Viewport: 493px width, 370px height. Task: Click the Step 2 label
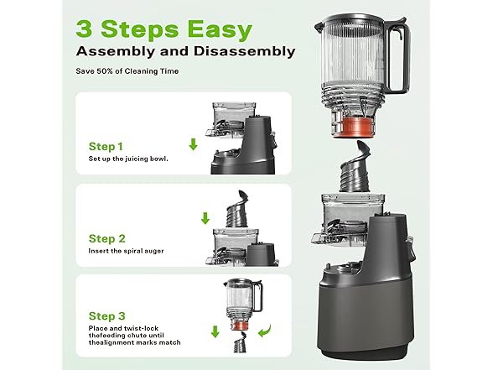tap(106, 238)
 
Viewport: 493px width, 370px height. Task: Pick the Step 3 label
tap(106, 317)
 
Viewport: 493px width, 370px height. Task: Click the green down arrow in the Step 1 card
tap(193, 144)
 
